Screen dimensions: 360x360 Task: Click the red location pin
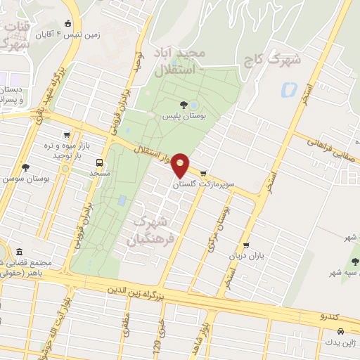[x=181, y=165]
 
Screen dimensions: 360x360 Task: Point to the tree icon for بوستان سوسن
[x=26, y=167]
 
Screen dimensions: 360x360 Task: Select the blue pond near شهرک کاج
[x=288, y=90]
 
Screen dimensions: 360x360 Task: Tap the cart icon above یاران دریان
[x=247, y=245]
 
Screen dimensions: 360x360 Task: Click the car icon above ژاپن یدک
[x=340, y=330]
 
